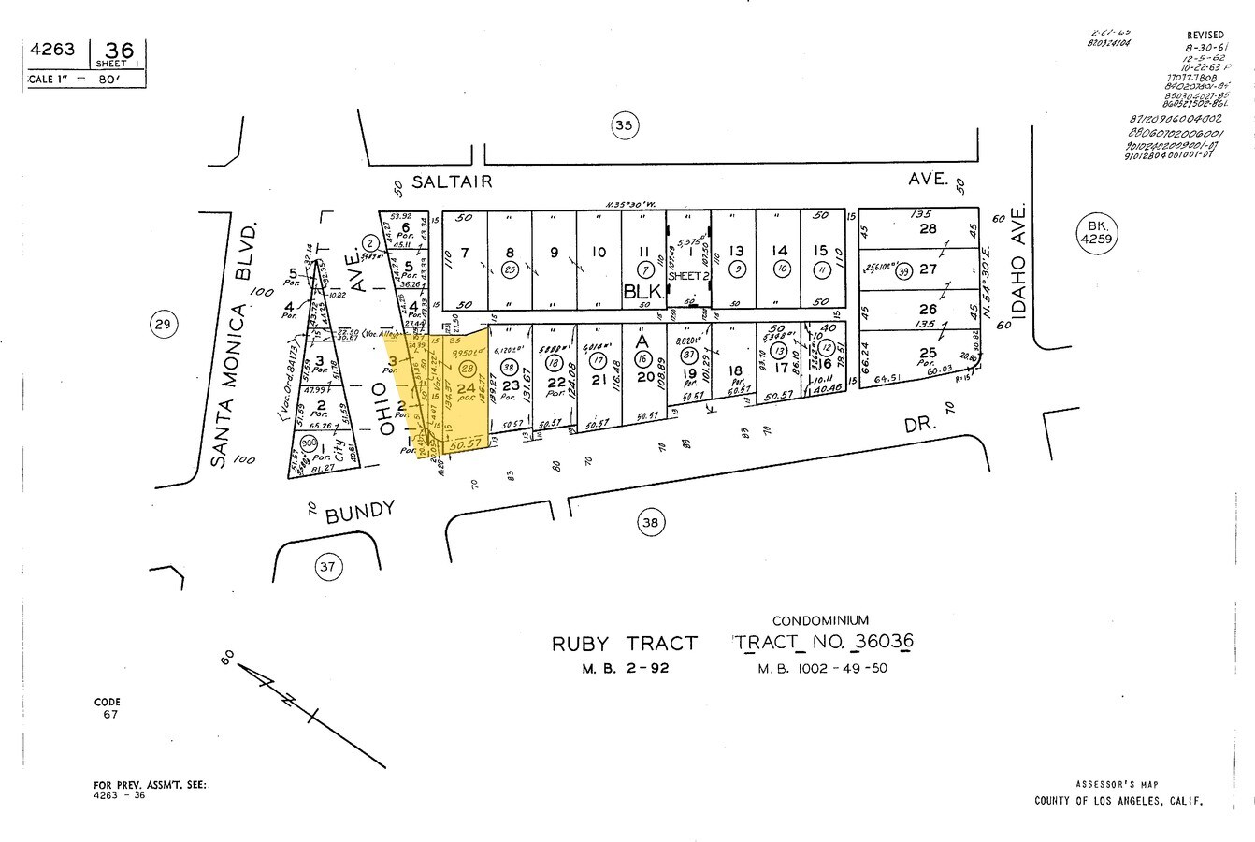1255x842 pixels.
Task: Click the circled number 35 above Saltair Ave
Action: (625, 124)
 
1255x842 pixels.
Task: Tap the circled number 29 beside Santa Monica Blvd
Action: (163, 325)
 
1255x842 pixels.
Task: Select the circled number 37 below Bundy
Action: (326, 566)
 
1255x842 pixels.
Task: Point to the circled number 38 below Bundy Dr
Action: (649, 522)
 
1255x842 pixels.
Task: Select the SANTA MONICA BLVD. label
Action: (231, 344)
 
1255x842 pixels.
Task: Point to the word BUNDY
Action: (359, 512)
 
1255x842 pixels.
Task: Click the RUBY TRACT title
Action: (624, 644)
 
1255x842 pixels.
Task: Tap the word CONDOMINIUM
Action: (820, 620)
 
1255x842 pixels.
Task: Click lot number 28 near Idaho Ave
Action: (928, 229)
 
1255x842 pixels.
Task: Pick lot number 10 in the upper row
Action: (599, 252)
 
